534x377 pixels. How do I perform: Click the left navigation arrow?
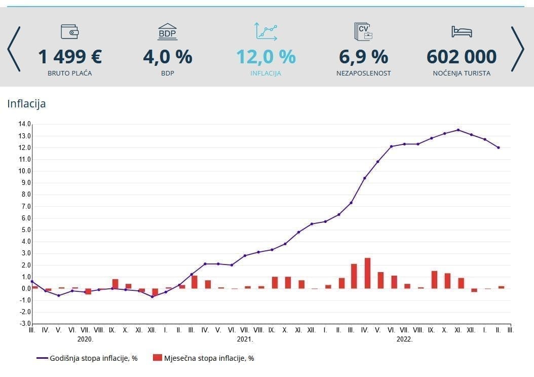point(14,49)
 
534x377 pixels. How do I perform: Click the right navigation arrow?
point(517,49)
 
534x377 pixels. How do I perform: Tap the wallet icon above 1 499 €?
point(70,31)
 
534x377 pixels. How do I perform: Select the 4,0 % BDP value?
point(168,56)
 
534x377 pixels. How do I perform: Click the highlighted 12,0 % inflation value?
point(265,56)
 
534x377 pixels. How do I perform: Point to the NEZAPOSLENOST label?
point(363,73)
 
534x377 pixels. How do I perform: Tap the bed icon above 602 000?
point(462,31)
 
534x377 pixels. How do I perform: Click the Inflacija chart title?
point(26,104)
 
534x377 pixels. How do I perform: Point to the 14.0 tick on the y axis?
point(24,124)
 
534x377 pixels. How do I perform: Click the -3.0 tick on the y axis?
point(24,323)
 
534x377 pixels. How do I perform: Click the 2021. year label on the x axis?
point(245,339)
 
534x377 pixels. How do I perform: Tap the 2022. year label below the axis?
point(404,339)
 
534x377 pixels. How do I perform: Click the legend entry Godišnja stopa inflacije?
point(87,358)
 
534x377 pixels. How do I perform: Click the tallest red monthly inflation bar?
point(367,273)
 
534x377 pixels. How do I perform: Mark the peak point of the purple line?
point(459,130)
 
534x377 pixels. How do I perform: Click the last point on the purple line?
point(499,148)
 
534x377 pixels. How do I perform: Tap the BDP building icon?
point(168,31)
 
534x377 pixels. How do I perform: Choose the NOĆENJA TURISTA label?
point(462,73)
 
